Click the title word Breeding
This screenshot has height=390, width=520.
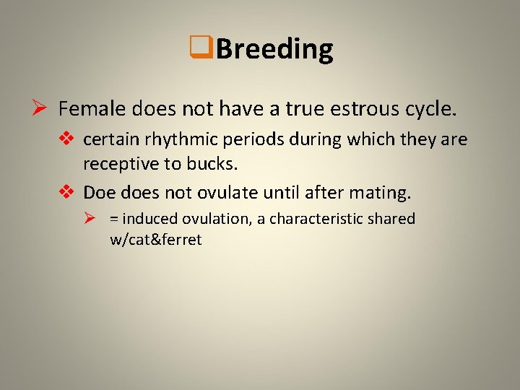click(274, 49)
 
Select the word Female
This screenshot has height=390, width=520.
click(87, 109)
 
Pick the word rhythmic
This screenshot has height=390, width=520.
click(165, 139)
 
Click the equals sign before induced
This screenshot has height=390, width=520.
click(114, 219)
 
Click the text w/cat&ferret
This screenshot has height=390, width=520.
click(155, 240)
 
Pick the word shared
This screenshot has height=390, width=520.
click(393, 219)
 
